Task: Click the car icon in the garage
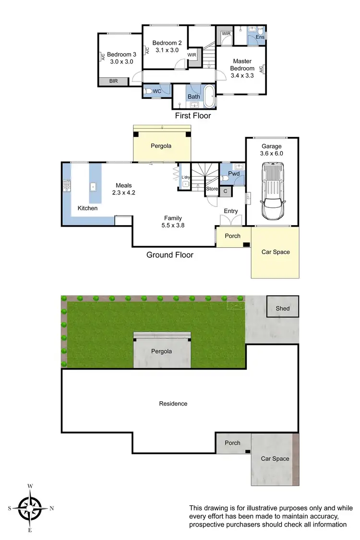272,191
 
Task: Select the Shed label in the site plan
283,308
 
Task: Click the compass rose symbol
30,508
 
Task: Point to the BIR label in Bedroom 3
113,82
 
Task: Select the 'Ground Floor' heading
170,255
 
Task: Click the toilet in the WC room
150,91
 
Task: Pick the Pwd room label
234,174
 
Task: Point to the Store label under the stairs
212,189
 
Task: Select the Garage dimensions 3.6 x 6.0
272,154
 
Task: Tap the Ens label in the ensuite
260,37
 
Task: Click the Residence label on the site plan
173,404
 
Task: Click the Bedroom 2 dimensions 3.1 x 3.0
166,50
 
